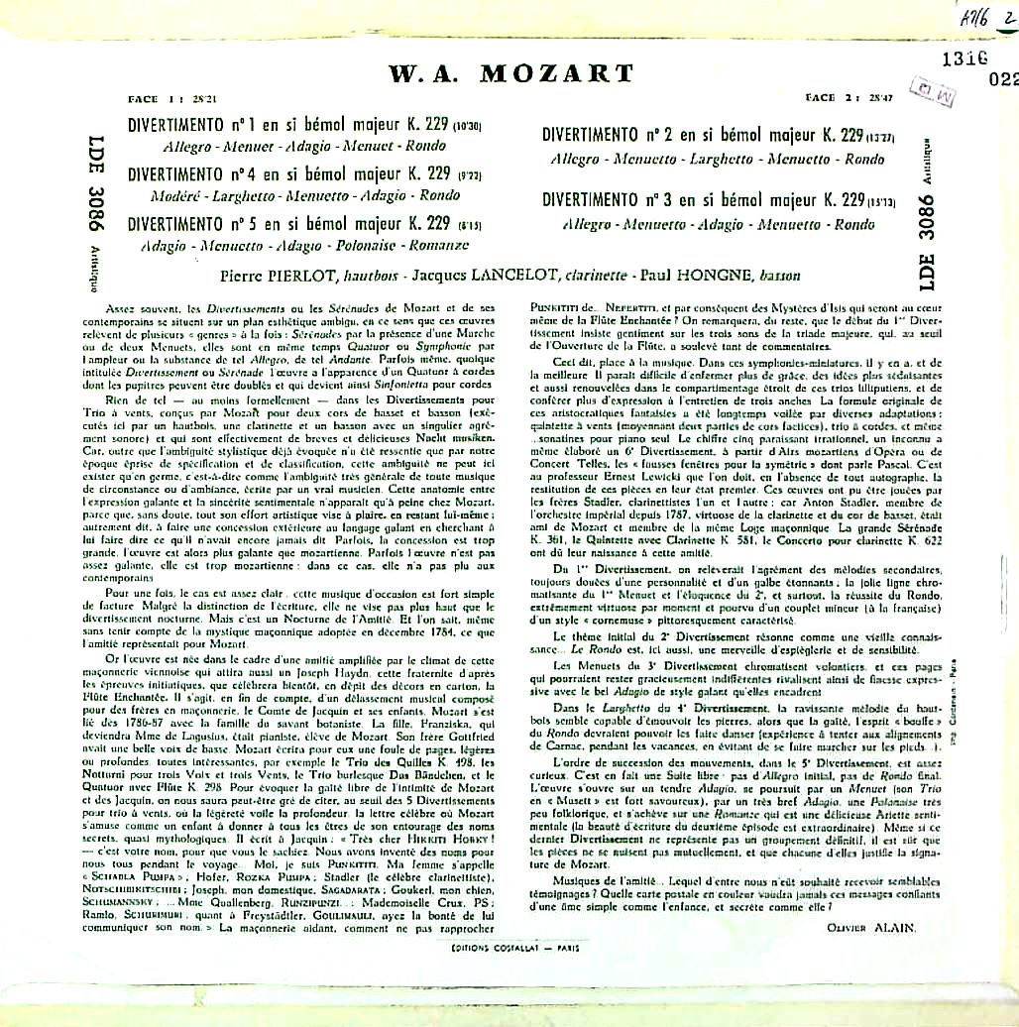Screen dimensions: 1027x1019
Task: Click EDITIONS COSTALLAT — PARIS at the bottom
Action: click(512, 947)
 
